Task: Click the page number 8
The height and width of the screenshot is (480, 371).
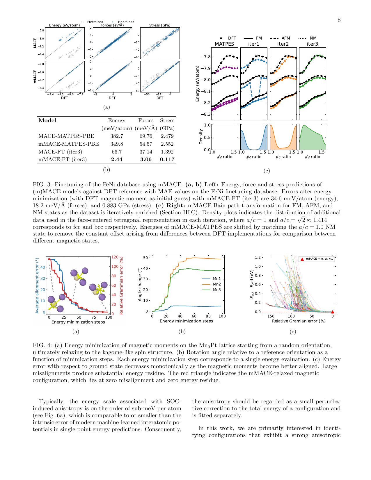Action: tap(339, 20)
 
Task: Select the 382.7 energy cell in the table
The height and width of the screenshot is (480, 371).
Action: tap(117, 136)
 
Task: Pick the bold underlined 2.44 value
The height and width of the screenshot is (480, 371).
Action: tap(117, 159)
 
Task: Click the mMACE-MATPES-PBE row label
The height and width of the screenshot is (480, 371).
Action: tap(69, 144)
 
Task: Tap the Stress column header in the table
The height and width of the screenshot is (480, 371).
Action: tap(167, 120)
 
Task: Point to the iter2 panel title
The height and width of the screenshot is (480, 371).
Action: tap(283, 44)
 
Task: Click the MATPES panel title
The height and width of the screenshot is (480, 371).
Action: tap(224, 44)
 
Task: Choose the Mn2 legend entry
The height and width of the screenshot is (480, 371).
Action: tap(217, 284)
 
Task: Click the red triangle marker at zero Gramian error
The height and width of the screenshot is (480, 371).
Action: tap(333, 312)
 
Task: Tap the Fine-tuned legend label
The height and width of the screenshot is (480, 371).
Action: tap(126, 22)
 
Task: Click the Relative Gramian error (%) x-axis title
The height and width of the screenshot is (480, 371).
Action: tap(299, 321)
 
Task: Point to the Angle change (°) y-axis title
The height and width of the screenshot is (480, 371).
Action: tap(140, 284)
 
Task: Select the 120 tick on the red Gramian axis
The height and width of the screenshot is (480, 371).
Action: tap(115, 257)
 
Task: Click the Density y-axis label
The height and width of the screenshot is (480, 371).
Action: tap(201, 137)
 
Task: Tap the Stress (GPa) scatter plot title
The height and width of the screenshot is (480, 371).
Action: tap(160, 25)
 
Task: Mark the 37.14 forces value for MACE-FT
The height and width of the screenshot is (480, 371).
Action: tap(146, 152)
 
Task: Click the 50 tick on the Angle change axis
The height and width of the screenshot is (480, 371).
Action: tap(146, 258)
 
